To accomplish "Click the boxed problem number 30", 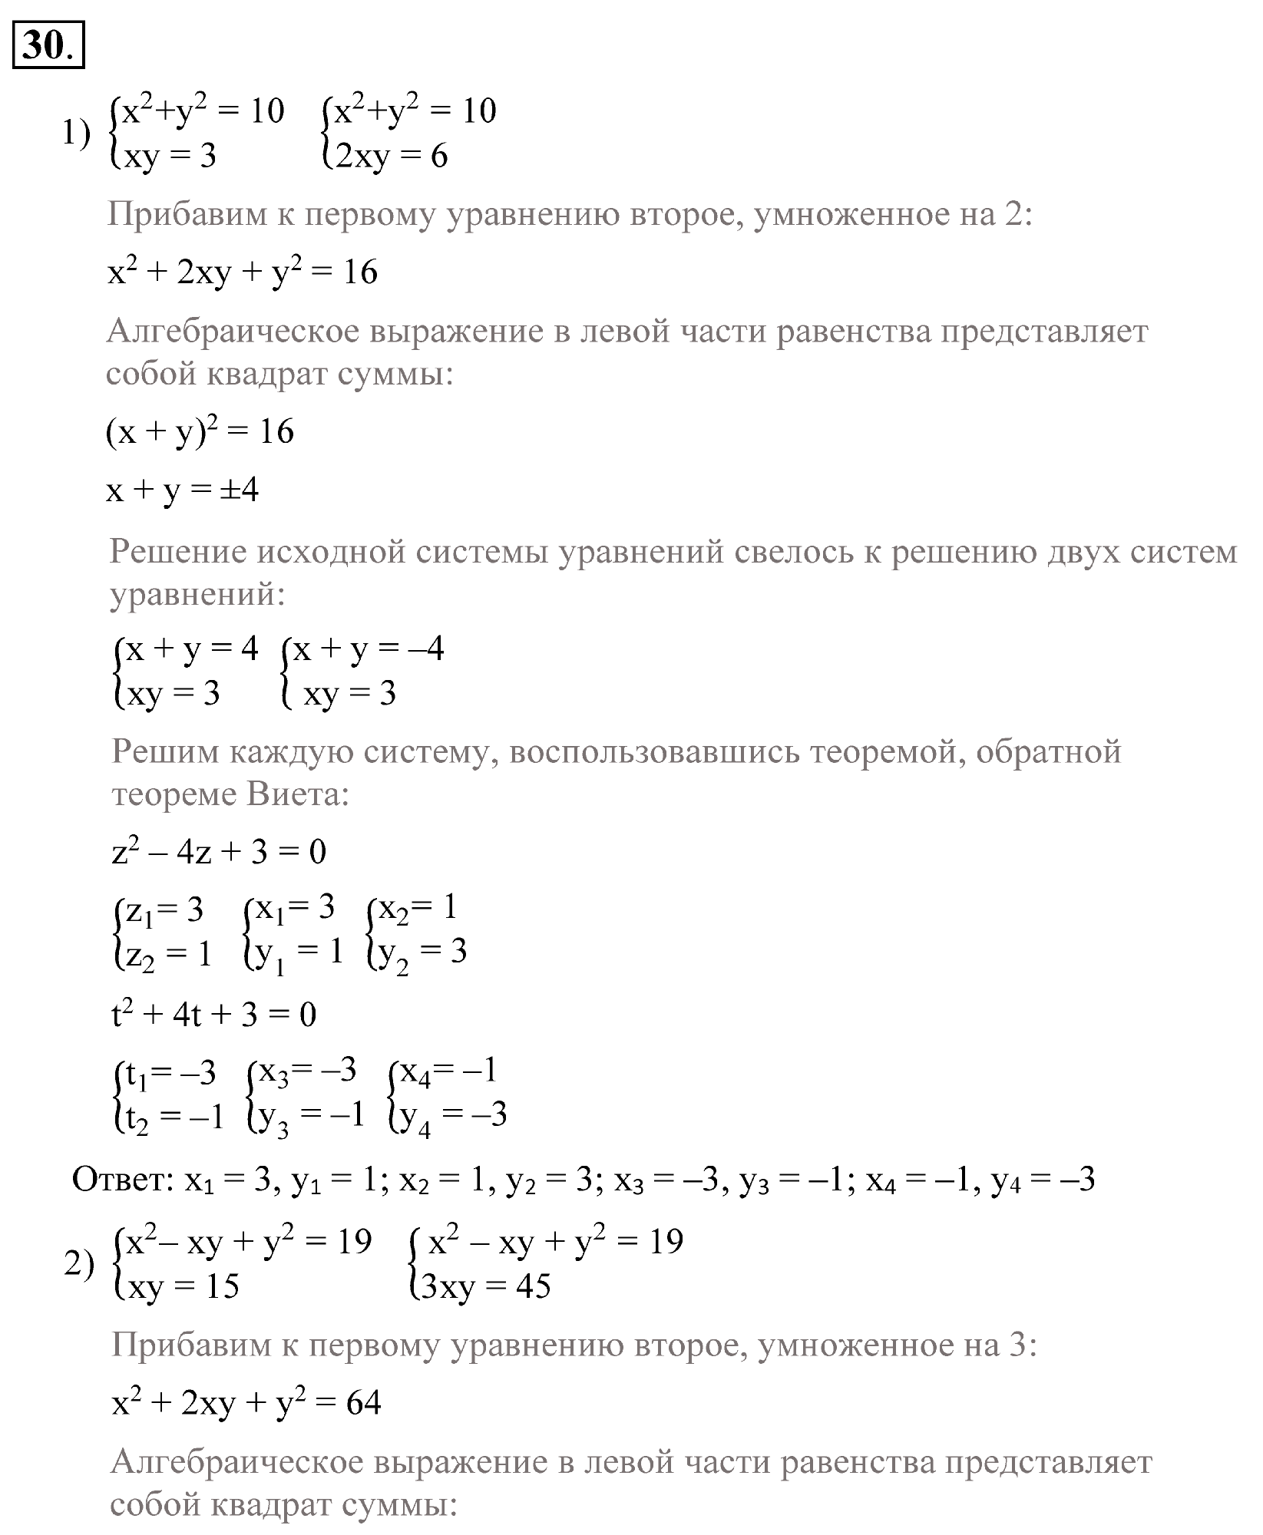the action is (x=48, y=47).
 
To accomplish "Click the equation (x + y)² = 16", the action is (x=200, y=433).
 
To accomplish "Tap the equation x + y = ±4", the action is (x=183, y=490).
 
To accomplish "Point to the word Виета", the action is (x=298, y=795).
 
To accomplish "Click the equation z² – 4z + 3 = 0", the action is (x=219, y=852).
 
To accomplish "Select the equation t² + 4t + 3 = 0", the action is (x=214, y=1015).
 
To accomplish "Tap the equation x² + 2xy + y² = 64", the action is (x=246, y=1404).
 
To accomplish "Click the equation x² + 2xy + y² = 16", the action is (x=243, y=273).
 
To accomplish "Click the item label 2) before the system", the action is (x=79, y=1264).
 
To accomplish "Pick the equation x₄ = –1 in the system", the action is (x=448, y=1071).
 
